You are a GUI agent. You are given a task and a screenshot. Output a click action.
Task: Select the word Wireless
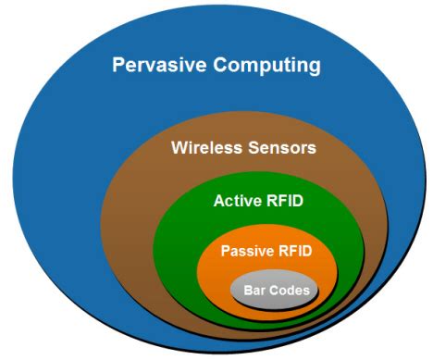point(204,147)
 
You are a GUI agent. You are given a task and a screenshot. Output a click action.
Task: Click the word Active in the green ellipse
point(236,201)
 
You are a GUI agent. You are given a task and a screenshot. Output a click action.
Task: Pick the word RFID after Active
point(288,201)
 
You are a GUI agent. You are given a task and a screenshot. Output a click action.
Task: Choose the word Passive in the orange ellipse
point(248,250)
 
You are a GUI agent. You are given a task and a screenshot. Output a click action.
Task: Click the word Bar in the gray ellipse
point(254,291)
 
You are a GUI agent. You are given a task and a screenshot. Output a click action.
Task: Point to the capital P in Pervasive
point(118,66)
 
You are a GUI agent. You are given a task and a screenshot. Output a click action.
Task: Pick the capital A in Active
point(218,201)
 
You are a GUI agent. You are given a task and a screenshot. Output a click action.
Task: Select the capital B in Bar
point(247,291)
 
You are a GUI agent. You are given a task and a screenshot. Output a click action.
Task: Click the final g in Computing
point(315,68)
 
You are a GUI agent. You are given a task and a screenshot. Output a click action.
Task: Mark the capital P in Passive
point(226,250)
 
